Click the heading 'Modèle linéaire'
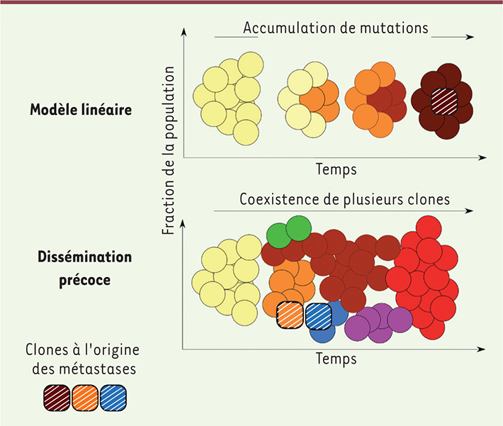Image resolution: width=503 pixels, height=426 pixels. tap(81, 110)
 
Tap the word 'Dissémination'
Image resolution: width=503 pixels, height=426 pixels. tap(85, 257)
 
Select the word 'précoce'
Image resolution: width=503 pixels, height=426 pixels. tap(85, 280)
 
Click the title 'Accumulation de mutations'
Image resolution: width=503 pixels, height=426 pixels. tap(336, 28)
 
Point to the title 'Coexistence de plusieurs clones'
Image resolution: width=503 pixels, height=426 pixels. tap(344, 199)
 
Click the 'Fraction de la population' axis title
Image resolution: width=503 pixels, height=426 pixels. tap(168, 150)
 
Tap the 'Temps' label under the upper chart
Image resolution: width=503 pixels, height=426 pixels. tap(337, 169)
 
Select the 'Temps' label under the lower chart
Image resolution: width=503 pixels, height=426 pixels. tap(337, 358)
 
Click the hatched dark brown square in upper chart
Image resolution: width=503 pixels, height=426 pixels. tap(444, 102)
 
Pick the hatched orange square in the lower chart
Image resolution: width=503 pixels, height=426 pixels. tap(290, 315)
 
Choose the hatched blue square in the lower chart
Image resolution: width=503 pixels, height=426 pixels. tap(318, 317)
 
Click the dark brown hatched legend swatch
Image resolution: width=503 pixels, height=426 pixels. tap(57, 398)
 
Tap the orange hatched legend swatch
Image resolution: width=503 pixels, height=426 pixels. tap(85, 398)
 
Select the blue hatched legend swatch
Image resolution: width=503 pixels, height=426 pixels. tap(113, 398)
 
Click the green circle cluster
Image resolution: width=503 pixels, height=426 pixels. tap(289, 232)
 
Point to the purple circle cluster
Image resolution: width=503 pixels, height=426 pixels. tap(378, 323)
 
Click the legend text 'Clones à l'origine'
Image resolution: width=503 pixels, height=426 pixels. tap(82, 349)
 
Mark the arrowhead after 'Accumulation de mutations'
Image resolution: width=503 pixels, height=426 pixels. tap(470, 37)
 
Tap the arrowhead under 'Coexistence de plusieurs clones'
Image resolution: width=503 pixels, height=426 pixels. tap(469, 211)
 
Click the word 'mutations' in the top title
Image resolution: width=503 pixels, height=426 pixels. tap(394, 28)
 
